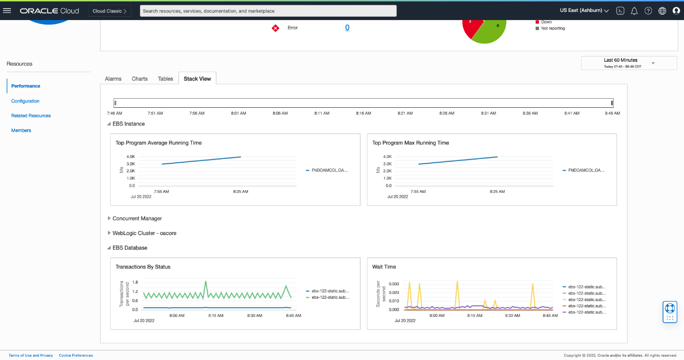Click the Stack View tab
pos(197,79)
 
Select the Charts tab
pos(140,79)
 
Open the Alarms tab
pos(113,79)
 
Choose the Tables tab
pos(166,79)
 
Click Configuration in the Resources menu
pos(25,101)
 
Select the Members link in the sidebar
pos(21,130)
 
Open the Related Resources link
pos(31,116)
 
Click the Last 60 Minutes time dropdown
pos(628,63)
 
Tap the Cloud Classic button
pos(110,11)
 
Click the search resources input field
pos(268,11)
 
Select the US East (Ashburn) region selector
pos(584,11)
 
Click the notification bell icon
pos(634,11)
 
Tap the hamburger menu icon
pos(7,11)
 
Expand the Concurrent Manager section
pos(137,218)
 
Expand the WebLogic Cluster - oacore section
pos(141,233)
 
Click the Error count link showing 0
pos(347,28)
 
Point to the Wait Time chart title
pos(384,267)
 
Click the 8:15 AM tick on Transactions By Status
pos(216,315)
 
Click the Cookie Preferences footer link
pos(76,355)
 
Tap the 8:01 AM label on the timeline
pos(239,113)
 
